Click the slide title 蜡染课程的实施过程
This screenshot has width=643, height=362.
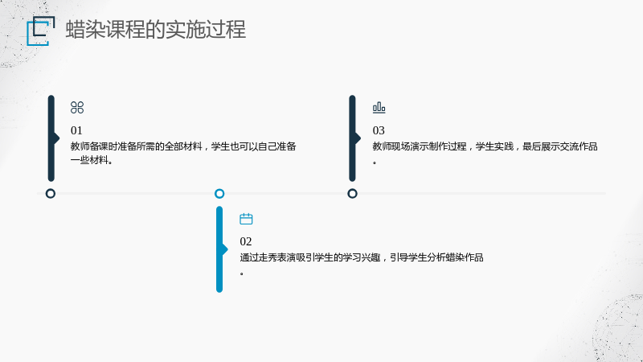tap(155, 30)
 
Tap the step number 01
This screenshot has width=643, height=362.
tap(76, 130)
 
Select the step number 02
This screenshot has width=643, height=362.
tap(246, 241)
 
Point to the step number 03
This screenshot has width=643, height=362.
tap(379, 130)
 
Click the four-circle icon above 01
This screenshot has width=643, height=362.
tap(77, 108)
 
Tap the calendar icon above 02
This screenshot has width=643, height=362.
tap(246, 219)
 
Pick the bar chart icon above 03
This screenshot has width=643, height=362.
tap(379, 108)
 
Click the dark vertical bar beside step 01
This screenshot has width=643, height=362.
tap(51, 138)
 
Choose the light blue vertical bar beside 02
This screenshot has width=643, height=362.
tap(219, 249)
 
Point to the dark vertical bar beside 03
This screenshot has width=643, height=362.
tap(352, 138)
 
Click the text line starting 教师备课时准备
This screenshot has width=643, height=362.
tap(183, 146)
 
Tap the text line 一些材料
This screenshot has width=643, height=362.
tap(92, 160)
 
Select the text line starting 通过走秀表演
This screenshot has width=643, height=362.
tap(362, 257)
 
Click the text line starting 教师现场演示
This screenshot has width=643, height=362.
tap(485, 146)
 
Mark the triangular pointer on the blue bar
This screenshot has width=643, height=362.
tap(225, 249)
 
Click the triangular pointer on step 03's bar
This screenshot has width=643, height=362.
tap(358, 138)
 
